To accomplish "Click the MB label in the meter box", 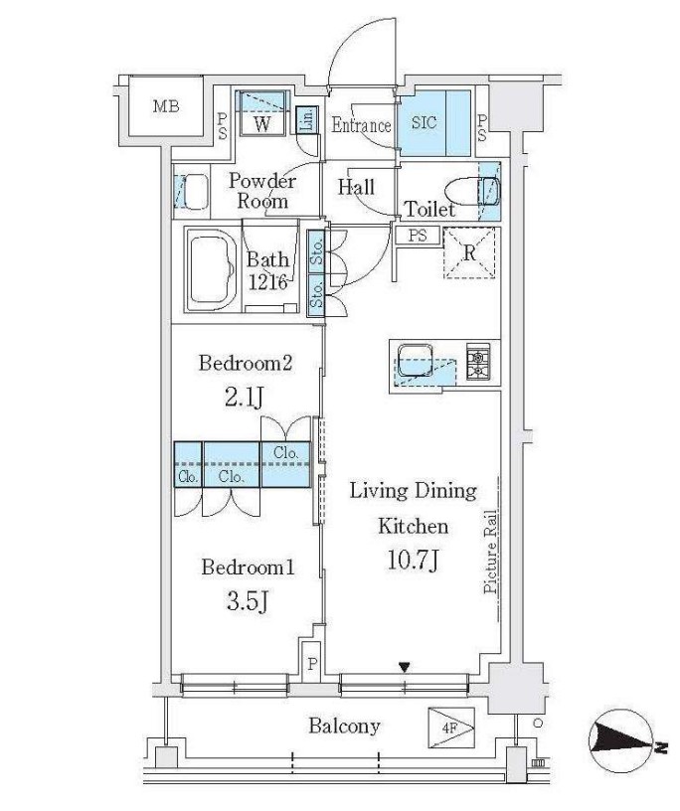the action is (166, 106).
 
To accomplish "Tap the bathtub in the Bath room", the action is (211, 269).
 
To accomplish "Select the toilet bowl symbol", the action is (472, 193).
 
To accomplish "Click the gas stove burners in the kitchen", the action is (478, 361).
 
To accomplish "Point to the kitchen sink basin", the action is (415, 361).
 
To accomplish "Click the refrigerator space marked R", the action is (469, 252).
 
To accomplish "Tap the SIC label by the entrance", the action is (424, 122).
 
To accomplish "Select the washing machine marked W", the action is (262, 123).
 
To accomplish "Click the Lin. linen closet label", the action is (307, 120).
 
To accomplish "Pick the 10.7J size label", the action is (413, 561).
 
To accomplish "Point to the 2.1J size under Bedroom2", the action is (245, 397).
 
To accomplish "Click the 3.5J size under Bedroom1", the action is (248, 600).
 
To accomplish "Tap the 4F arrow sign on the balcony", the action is (451, 729).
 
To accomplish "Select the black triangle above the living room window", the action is (405, 668).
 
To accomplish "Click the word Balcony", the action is (344, 727).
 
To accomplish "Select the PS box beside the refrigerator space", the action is (418, 236).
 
